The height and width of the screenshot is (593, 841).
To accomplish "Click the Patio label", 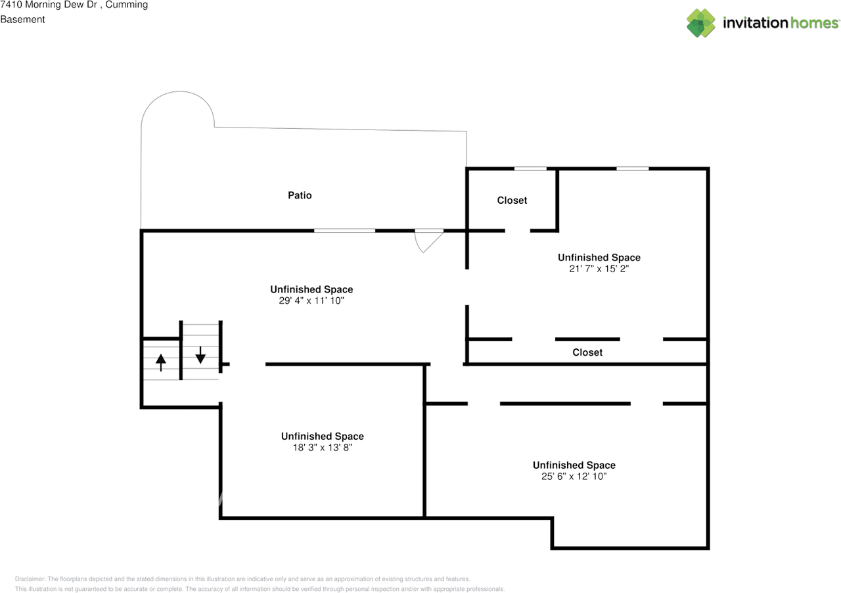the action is [x=300, y=195].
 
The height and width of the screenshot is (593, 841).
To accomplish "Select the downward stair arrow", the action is [x=200, y=355].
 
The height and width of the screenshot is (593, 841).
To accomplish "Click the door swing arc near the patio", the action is [x=419, y=245].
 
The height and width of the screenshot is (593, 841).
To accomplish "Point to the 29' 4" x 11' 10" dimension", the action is [x=311, y=300].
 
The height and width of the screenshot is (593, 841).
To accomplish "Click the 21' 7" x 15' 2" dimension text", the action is [x=599, y=269].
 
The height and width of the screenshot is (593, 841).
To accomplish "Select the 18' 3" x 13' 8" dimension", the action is [x=323, y=448].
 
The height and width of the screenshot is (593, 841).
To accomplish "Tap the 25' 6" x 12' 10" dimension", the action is [x=574, y=477].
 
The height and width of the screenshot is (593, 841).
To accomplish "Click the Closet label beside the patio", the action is [x=512, y=201].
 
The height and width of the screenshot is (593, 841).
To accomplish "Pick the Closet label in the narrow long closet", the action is [x=587, y=352].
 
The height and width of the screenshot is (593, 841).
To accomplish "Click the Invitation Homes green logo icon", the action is [x=701, y=23].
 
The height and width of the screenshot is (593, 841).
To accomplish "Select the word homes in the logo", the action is [x=814, y=23].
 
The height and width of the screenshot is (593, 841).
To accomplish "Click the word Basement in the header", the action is [x=22, y=20].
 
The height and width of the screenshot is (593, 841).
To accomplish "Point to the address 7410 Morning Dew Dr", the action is [x=49, y=5].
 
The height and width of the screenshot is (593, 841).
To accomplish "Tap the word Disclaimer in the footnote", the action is [x=30, y=579].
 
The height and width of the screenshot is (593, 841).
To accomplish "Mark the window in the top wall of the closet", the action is [x=530, y=169].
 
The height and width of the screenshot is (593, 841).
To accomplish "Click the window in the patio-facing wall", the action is [x=344, y=231].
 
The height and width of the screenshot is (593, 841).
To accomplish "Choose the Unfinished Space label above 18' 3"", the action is [x=323, y=437].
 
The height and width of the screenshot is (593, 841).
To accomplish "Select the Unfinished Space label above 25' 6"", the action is [x=574, y=465].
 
